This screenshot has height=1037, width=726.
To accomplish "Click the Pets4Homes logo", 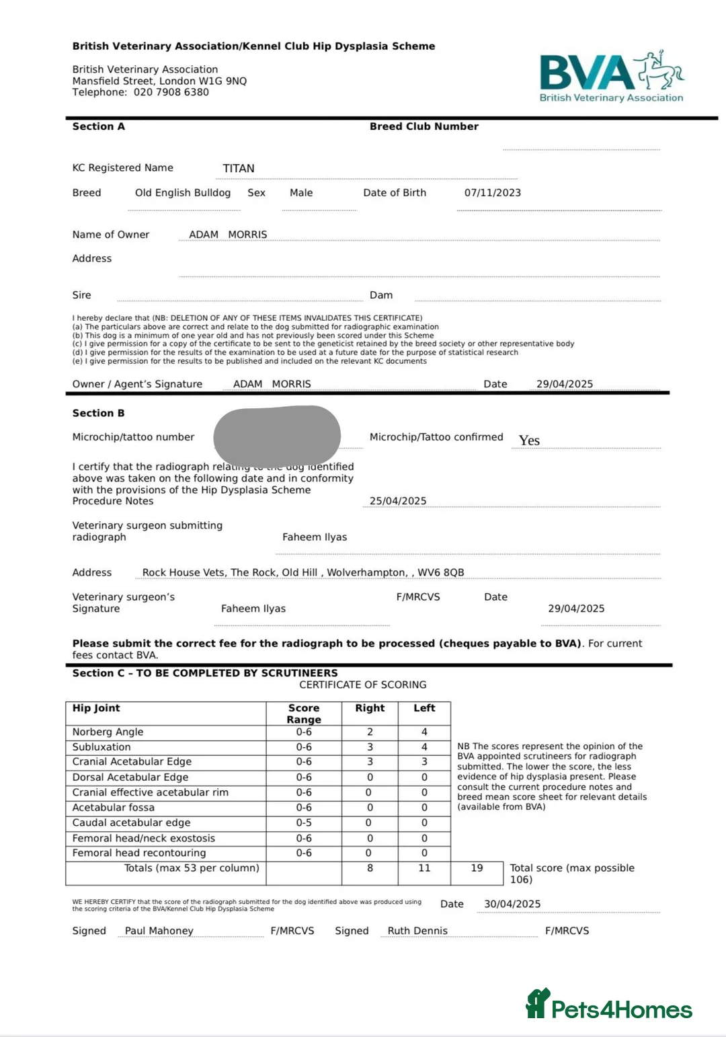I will (x=609, y=1005).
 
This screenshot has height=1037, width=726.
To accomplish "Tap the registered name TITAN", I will (x=239, y=168).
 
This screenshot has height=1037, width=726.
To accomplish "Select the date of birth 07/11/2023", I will (x=492, y=192).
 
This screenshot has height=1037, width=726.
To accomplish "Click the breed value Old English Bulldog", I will (x=183, y=192).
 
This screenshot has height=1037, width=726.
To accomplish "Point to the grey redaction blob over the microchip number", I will (x=277, y=436).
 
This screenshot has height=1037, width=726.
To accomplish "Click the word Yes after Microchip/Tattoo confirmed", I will (x=529, y=440).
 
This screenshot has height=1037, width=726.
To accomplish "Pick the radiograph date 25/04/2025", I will (x=398, y=501).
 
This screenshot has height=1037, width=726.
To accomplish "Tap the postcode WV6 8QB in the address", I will (x=440, y=572).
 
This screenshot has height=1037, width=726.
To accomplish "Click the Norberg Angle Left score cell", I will (x=424, y=732).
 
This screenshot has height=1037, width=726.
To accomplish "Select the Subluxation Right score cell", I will (x=370, y=747).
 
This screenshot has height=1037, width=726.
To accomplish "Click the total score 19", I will (x=477, y=868).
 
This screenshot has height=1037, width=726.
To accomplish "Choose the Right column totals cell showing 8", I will (x=370, y=868).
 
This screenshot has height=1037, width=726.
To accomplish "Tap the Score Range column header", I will (x=304, y=714).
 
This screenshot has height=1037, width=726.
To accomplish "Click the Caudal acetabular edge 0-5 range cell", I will (x=304, y=822).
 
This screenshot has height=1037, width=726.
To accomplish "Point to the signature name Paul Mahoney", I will (x=159, y=931).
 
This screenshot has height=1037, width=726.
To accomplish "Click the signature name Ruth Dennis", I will (x=417, y=931).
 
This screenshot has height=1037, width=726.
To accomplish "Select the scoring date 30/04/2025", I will (x=512, y=904).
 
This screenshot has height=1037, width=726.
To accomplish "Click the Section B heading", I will (x=98, y=413).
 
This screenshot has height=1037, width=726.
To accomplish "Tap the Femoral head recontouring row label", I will (x=139, y=853).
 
